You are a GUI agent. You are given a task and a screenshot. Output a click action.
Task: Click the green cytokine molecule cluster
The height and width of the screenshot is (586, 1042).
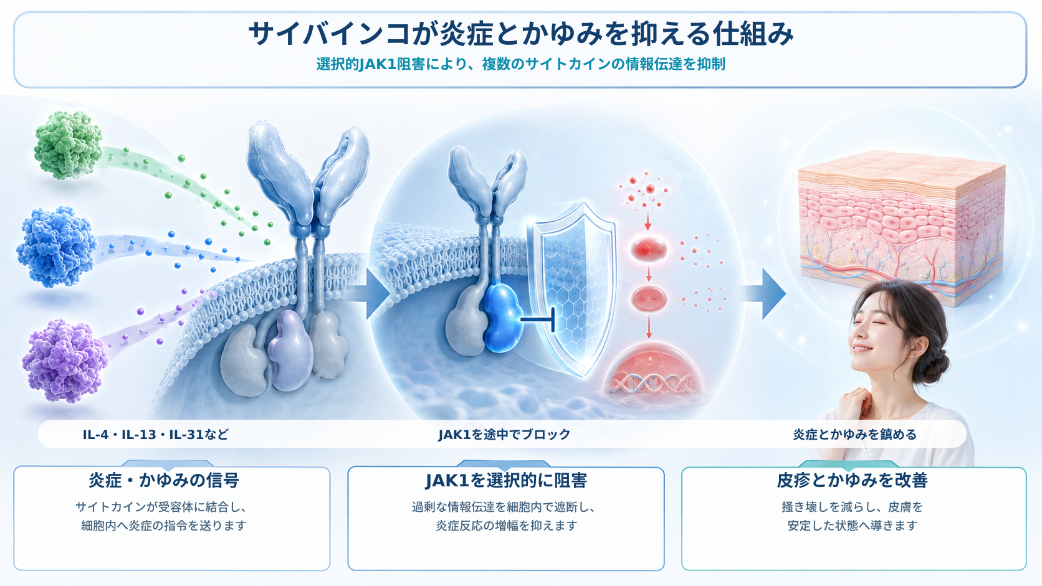(68, 144)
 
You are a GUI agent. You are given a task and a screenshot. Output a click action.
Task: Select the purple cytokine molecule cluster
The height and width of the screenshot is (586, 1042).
(65, 360)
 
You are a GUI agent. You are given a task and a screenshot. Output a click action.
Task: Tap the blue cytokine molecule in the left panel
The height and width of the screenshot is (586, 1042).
(57, 247)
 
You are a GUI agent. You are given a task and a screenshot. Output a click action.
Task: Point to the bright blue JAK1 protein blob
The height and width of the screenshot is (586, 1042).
(503, 318)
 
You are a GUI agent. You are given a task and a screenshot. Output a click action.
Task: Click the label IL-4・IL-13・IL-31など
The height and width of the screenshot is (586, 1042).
(156, 435)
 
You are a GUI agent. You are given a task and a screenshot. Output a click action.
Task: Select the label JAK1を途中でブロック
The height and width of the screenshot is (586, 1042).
(504, 435)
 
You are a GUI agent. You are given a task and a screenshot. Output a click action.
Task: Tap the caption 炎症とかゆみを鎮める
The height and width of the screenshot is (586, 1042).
(854, 435)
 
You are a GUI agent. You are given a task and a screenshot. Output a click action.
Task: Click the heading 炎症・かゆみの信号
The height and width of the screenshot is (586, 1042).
(164, 480)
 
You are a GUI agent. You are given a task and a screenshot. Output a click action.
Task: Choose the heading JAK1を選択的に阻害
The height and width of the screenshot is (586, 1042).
(506, 480)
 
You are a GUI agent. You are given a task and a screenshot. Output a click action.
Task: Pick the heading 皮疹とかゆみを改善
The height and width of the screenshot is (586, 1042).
(852, 480)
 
